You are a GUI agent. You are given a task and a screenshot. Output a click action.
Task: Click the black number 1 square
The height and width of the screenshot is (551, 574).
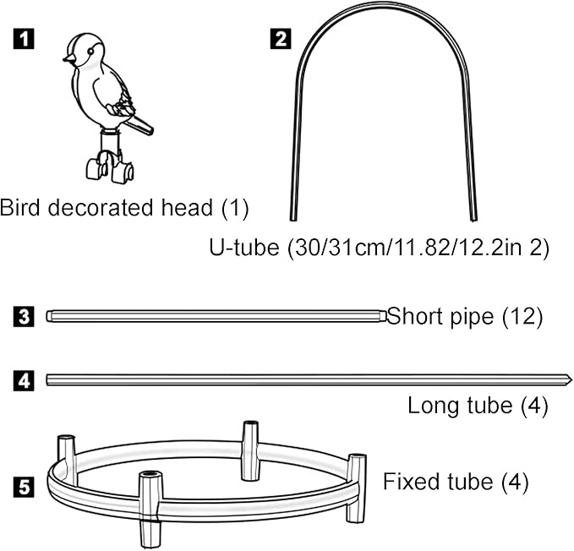coord(24,38)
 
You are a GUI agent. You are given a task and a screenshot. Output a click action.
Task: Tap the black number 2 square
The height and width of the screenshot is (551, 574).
coord(281,38)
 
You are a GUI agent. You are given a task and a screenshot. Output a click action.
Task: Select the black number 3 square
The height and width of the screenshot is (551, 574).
coord(24,316)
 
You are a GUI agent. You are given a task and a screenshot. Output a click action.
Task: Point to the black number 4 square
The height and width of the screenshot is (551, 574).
coord(24,380)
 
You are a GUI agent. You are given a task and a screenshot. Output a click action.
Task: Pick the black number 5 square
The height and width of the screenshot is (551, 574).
coord(24,487)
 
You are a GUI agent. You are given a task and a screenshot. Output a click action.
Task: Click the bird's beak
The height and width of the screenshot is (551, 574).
coord(68,58)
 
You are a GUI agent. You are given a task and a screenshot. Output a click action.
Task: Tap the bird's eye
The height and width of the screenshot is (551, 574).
coord(90,52)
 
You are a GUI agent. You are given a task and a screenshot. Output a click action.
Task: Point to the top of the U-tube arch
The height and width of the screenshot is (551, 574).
coord(384,3)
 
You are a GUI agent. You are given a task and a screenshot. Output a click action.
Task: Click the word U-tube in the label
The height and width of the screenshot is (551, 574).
coord(243,247)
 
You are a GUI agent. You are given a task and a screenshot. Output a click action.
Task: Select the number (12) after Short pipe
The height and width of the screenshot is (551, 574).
coord(522,316)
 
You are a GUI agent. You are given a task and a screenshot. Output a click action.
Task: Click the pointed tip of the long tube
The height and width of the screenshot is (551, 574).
coord(571,380)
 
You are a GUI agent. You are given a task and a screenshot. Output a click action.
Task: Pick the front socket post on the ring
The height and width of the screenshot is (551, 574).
coord(150,510)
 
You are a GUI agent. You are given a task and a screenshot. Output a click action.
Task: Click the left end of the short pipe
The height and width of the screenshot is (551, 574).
coord(48,316)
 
